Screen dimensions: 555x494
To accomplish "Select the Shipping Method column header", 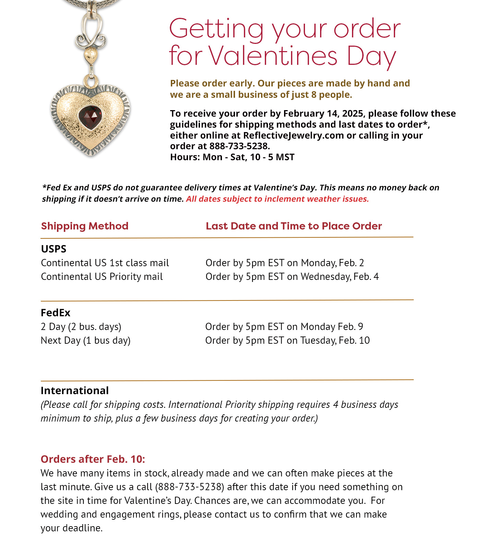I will (x=85, y=226).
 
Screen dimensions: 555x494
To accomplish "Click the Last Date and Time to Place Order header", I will (x=294, y=226).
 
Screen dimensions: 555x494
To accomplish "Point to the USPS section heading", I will (x=54, y=249).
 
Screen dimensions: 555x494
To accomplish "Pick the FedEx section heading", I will (x=56, y=312).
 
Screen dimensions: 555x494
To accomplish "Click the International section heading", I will (x=74, y=390).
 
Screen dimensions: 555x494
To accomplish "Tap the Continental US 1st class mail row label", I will (x=105, y=263).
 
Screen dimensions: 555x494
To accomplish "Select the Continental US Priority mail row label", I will (x=102, y=276).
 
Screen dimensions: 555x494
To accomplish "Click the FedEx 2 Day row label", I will (x=81, y=327).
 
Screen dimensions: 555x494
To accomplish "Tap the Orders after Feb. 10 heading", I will (x=93, y=459).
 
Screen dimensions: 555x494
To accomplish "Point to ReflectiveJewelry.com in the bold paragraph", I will (x=293, y=135).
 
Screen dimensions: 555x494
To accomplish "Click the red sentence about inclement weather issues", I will (x=277, y=199).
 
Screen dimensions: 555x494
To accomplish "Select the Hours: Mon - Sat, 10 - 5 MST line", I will (x=232, y=157).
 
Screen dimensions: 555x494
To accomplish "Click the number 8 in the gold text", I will (x=314, y=95).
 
